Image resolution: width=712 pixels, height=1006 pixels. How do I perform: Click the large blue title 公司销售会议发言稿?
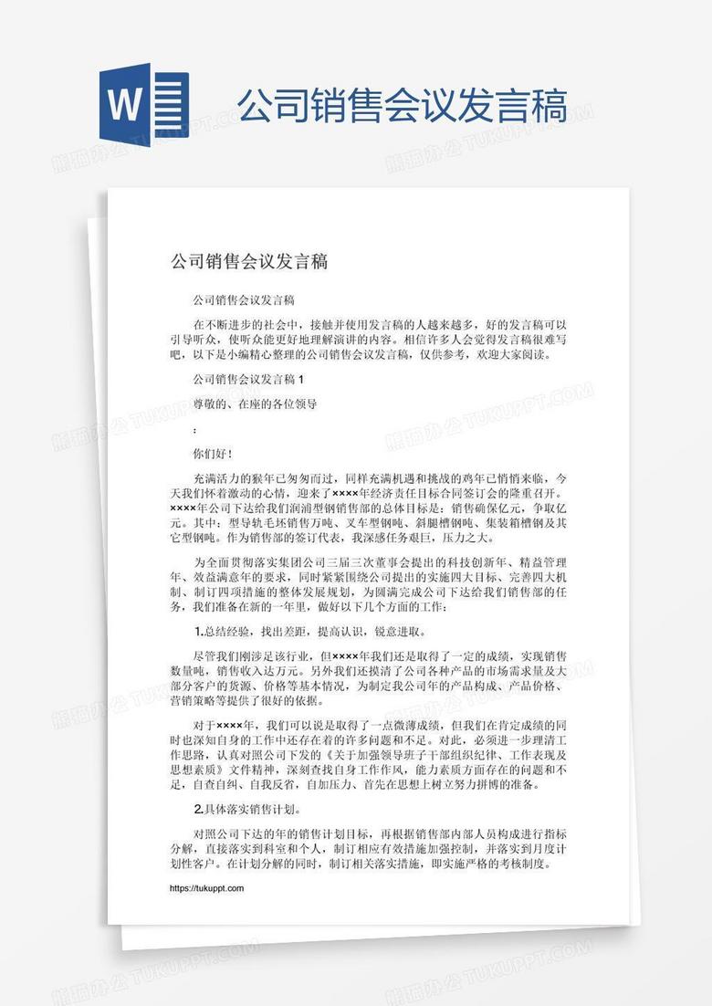coord(402,106)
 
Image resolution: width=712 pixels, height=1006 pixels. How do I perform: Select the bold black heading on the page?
coord(249,262)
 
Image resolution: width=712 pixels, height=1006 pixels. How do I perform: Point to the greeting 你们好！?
coord(213,453)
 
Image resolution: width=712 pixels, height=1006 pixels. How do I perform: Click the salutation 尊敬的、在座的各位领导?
coord(255,403)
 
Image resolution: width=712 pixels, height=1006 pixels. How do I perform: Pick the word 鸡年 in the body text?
coord(481,477)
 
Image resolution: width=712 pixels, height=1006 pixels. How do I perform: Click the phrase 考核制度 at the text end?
coord(530,864)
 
